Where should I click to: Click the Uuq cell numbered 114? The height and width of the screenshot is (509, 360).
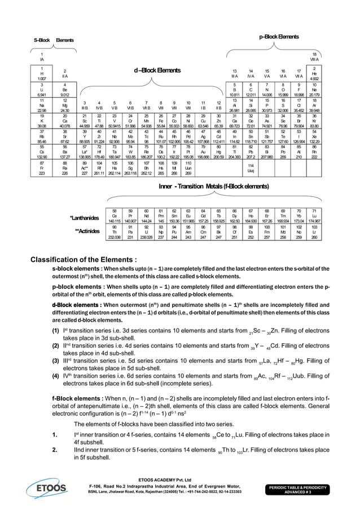250,168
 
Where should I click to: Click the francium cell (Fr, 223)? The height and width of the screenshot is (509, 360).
41,167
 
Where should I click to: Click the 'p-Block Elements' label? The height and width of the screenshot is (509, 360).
279,37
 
